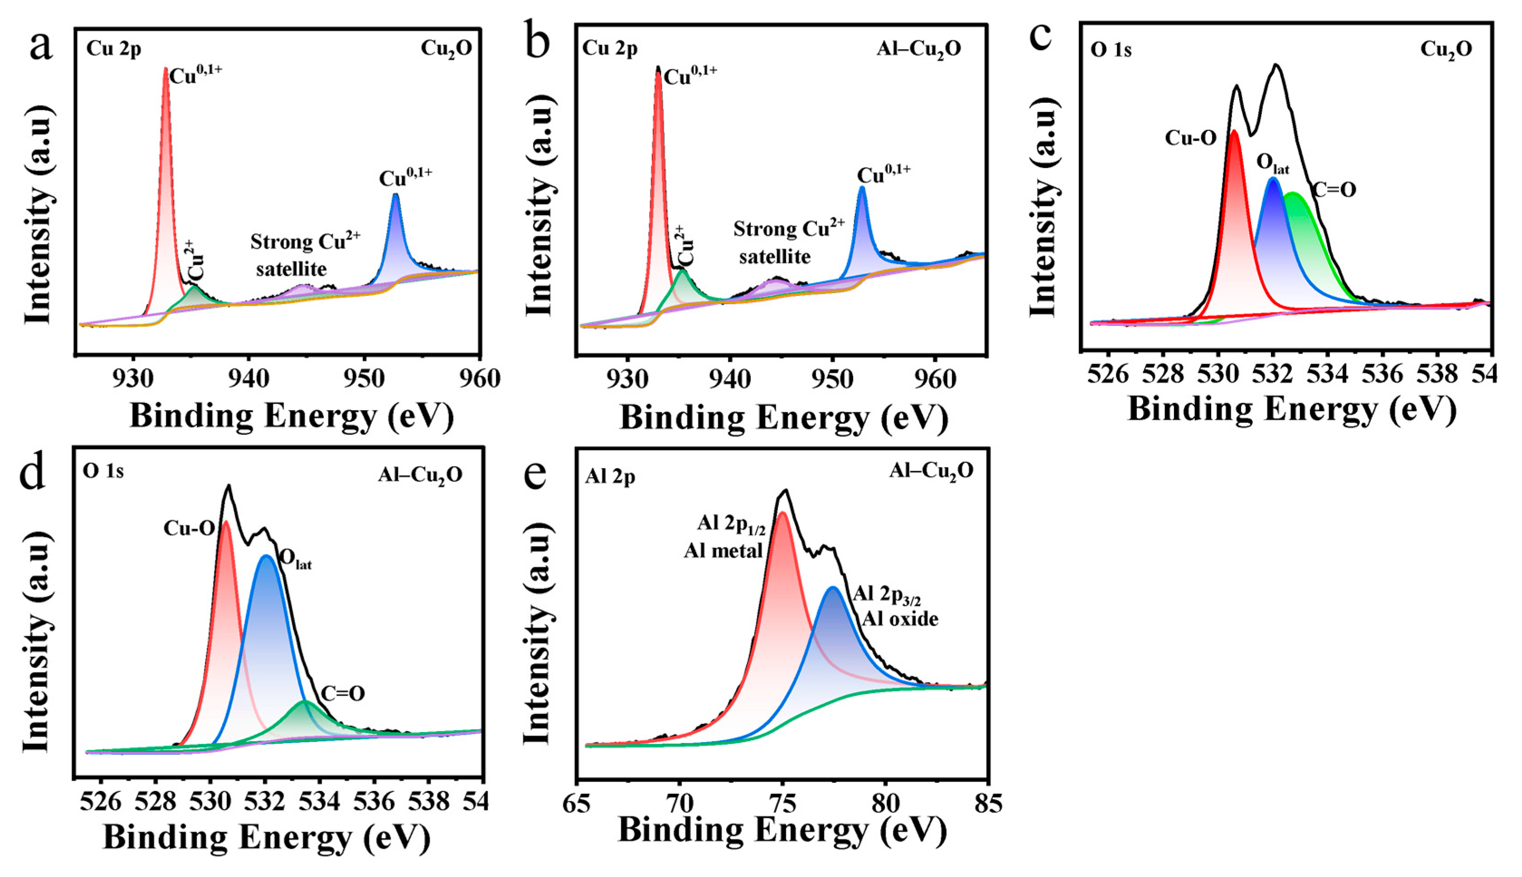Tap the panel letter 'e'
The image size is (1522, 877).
535,474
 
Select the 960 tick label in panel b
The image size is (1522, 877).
935,379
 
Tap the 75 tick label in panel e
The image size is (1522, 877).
783,804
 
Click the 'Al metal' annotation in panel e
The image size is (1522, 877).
723,551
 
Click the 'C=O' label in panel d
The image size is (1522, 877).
343,694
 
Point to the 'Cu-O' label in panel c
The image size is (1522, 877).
1190,138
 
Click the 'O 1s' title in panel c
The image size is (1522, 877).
1111,50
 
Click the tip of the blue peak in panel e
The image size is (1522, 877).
833,587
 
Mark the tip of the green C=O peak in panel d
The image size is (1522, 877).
304,702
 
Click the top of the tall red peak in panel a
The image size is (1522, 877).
165,69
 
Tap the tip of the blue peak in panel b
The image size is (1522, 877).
862,187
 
